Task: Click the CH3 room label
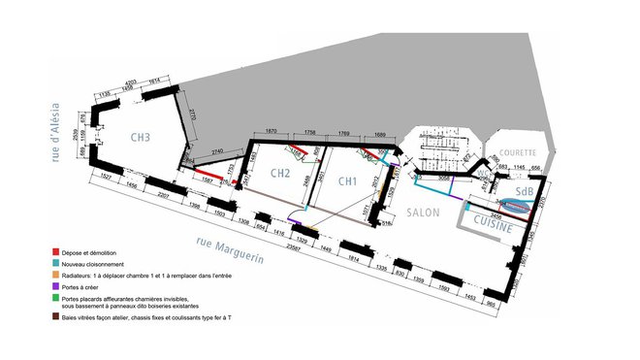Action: pyautogui.click(x=141, y=138)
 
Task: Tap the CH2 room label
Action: pyautogui.click(x=280, y=175)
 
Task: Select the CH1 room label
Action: pyautogui.click(x=349, y=180)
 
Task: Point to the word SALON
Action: pyautogui.click(x=424, y=213)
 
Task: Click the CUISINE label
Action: pyautogui.click(x=495, y=222)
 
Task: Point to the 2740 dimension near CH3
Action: pyautogui.click(x=219, y=153)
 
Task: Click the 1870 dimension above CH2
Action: pyautogui.click(x=272, y=129)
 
